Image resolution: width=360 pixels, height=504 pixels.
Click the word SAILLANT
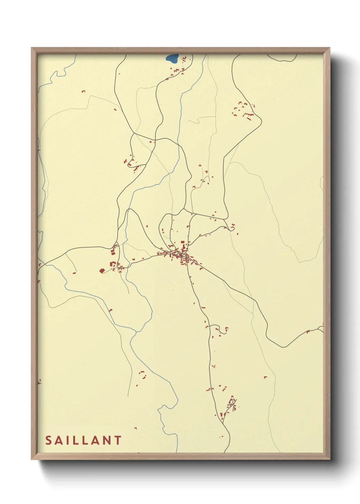pos(83,440)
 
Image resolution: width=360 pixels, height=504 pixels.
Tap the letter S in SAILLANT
pos(48,440)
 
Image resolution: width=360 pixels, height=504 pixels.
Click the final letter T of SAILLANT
pos(118,440)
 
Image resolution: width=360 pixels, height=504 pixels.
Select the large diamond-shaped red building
pos(101,270)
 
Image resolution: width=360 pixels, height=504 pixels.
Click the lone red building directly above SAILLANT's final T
pos(135,428)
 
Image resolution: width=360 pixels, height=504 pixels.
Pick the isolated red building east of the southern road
pos(265,377)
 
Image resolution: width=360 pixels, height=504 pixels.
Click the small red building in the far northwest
pos(83,91)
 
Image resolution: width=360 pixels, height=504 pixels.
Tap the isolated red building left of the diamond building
pos(74,273)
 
